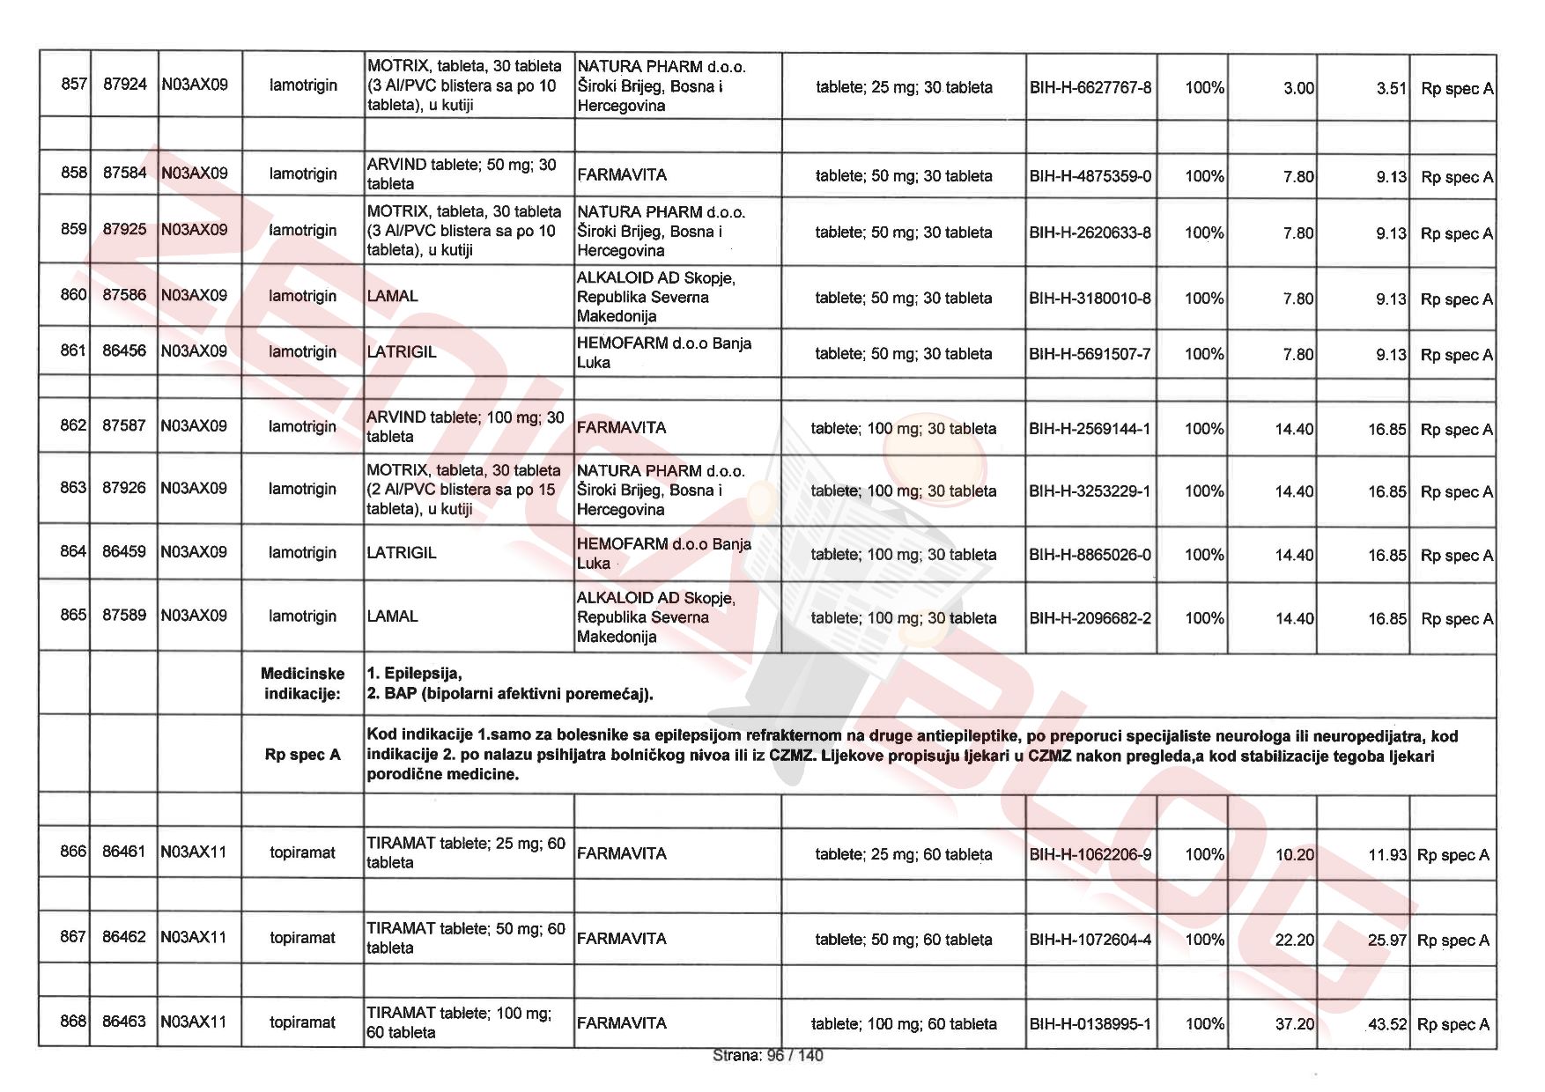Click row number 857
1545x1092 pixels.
coord(74,85)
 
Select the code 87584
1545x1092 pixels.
coord(124,173)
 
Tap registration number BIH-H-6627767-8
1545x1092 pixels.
coord(1090,88)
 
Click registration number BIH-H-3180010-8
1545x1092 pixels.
coord(1090,299)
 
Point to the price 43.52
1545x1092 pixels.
coord(1387,1024)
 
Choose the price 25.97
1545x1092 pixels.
coord(1387,940)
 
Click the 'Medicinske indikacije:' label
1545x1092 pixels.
coord(302,683)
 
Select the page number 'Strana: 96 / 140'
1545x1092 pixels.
coord(767,1055)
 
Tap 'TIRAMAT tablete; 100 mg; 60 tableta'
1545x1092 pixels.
coord(459,1022)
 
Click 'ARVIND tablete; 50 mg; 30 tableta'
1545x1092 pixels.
coord(462,174)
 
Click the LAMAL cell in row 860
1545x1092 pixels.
coord(393,297)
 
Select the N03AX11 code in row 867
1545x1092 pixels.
coord(194,937)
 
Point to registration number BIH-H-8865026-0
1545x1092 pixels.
coord(1090,555)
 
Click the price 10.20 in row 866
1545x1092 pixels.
coord(1294,854)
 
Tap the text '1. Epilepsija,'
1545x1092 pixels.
coord(415,674)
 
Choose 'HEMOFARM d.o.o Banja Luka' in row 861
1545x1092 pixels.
coord(663,352)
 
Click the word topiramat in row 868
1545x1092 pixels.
coord(302,1022)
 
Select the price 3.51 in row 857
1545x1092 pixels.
coord(1391,88)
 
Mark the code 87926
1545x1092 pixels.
coord(124,488)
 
